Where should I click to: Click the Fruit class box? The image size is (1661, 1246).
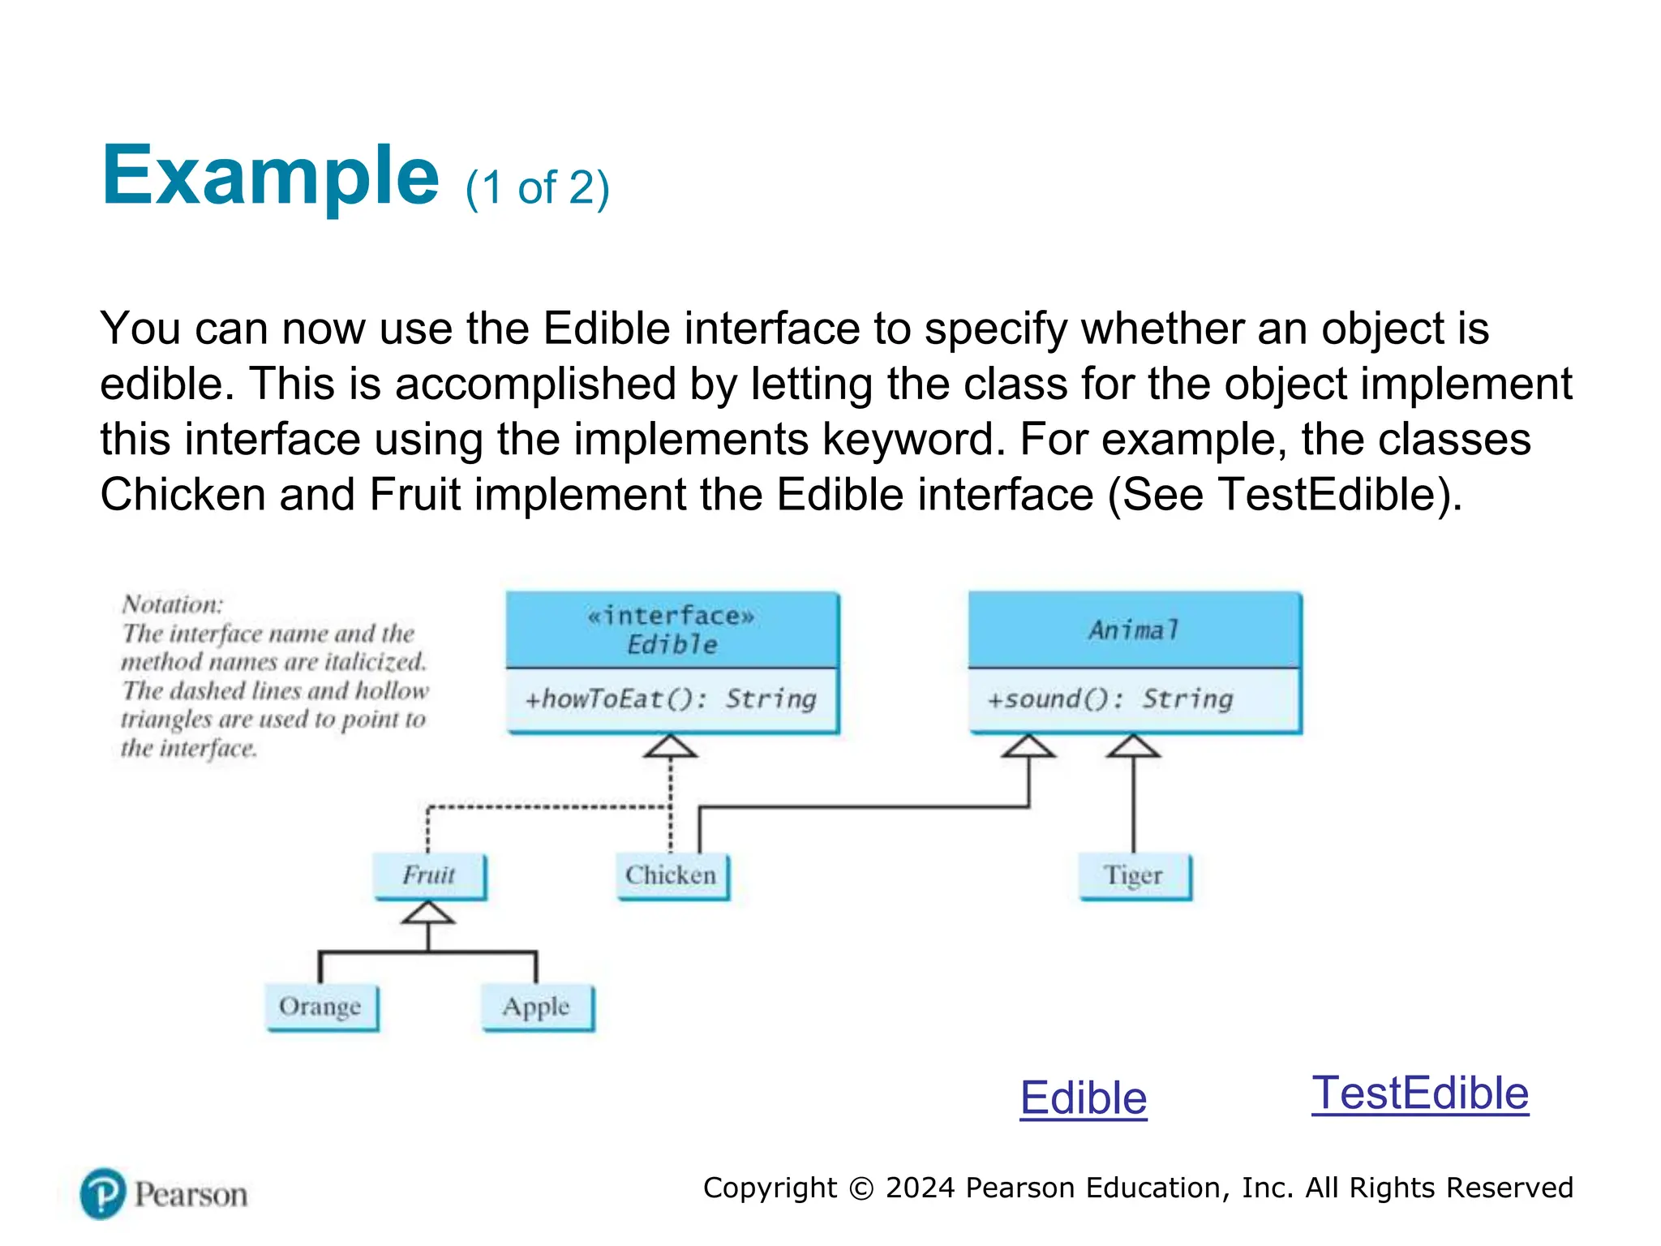429,875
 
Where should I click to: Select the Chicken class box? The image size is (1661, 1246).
672,875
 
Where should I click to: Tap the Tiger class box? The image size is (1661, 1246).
1134,875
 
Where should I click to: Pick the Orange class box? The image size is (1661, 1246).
321,1007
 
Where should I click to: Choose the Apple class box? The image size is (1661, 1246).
537,1007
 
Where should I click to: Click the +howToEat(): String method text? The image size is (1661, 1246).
671,699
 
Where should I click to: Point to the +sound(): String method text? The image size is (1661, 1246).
1109,699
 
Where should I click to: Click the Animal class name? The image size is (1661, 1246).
1133,630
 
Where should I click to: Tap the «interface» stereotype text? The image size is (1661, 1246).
671,617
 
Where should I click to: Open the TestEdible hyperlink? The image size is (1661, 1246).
1420,1093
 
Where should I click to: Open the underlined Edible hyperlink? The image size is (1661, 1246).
1083,1098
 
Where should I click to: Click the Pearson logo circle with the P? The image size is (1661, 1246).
103,1193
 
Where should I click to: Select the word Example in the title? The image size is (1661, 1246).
270,176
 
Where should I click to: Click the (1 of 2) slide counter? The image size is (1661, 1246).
537,188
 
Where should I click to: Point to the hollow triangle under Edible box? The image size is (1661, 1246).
670,747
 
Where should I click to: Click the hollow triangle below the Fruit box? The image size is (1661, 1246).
427,913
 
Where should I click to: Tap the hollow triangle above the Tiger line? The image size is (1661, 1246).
1133,747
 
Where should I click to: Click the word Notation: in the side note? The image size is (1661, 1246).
172,604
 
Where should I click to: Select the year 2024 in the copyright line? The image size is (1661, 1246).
920,1188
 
